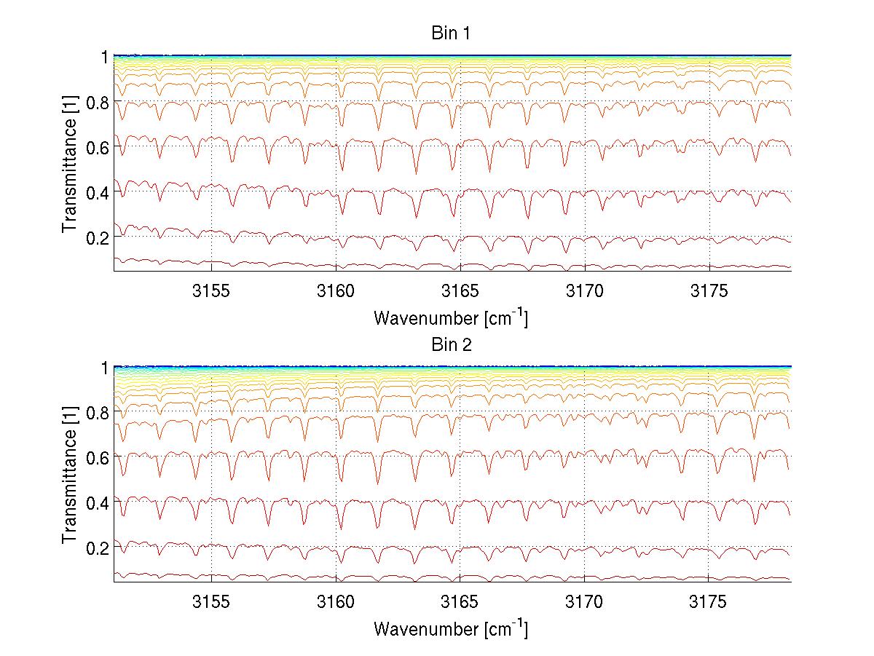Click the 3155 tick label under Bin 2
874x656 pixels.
click(x=211, y=603)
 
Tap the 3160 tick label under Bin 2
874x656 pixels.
click(x=336, y=603)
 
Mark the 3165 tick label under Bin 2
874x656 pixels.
click(x=460, y=603)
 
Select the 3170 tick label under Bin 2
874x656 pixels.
click(x=584, y=603)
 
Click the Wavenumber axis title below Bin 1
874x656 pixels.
click(x=450, y=317)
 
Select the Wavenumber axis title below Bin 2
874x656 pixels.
click(x=450, y=628)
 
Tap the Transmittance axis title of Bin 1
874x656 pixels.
click(x=69, y=164)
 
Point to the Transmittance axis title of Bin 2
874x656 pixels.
click(x=69, y=475)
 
